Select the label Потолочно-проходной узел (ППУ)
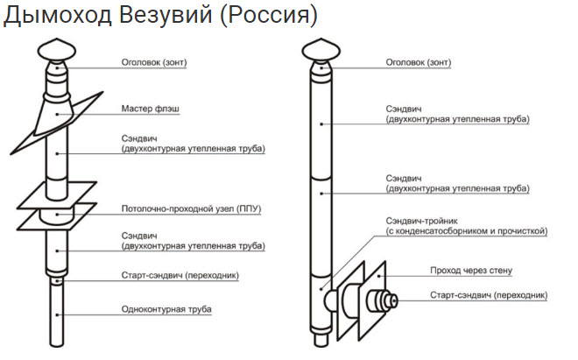191,209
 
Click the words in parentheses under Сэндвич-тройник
467,232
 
